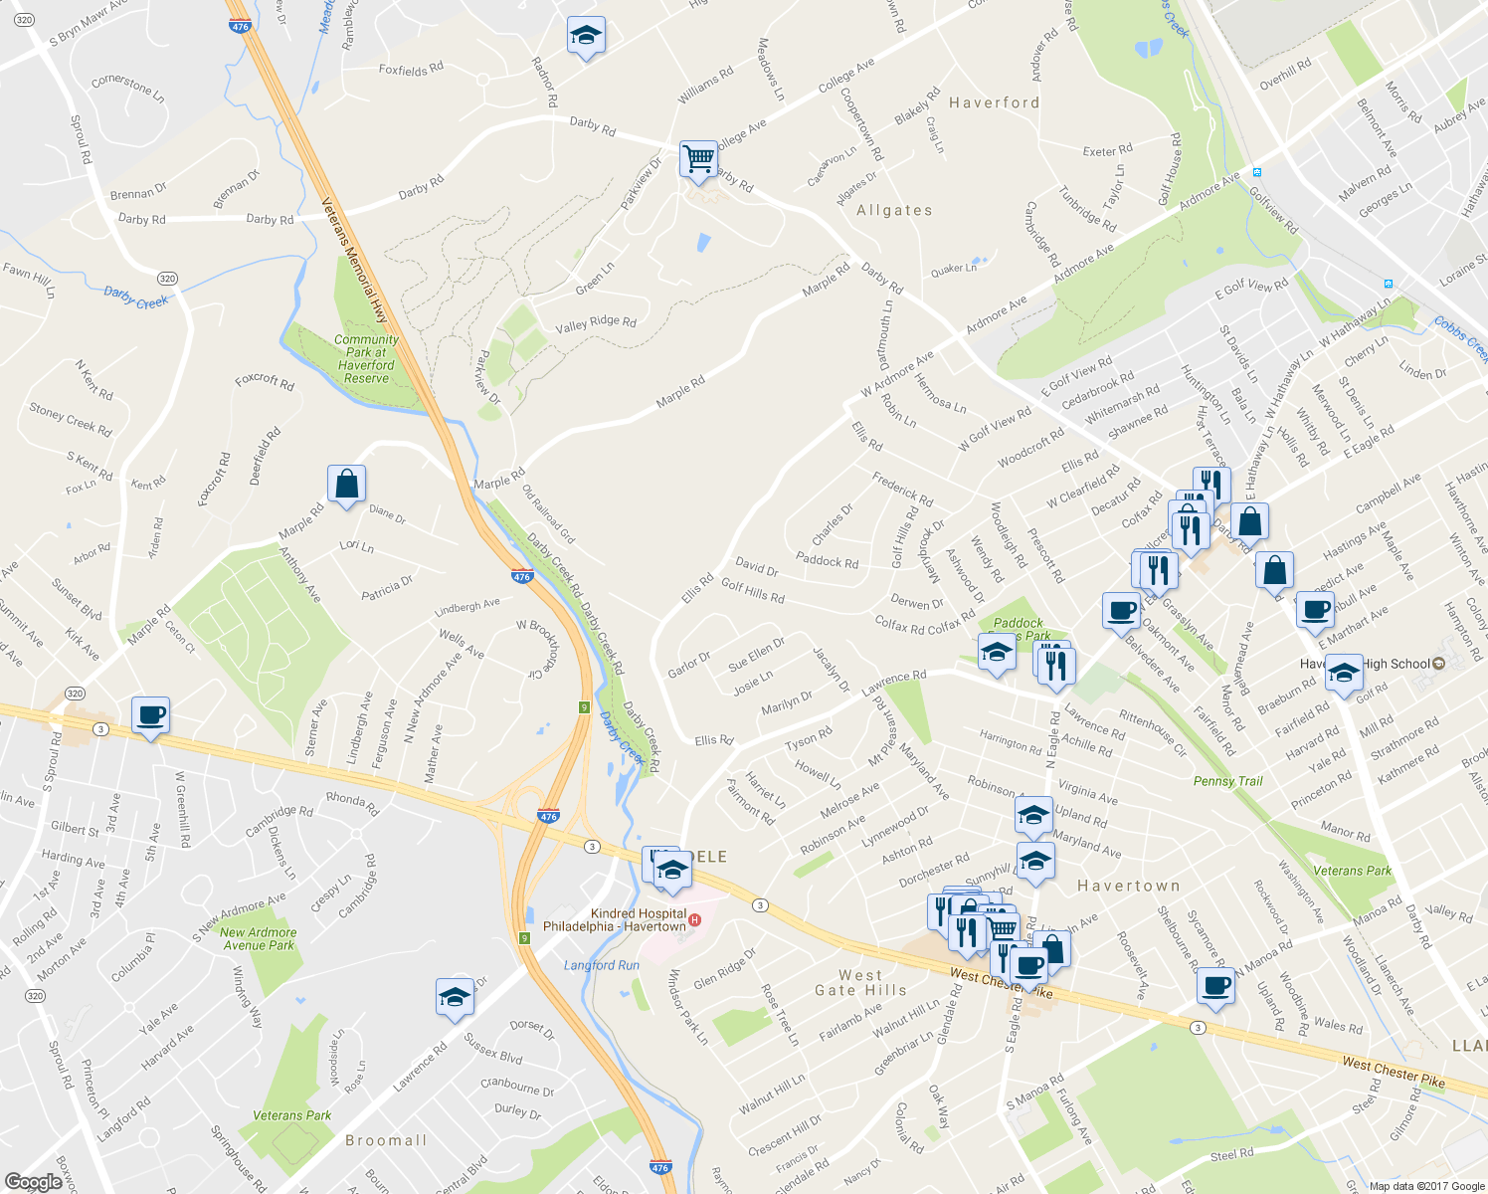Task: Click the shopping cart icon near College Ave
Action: point(699,159)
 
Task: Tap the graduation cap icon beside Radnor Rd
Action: point(586,37)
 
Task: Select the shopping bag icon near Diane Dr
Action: point(346,485)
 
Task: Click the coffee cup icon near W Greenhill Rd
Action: point(150,715)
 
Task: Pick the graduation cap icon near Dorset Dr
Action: point(455,997)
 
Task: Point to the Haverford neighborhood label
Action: point(994,102)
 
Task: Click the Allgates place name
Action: point(894,210)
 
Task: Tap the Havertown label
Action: point(1129,885)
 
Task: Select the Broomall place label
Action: point(386,1140)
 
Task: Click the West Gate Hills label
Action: point(860,982)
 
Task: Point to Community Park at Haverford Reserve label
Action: point(366,358)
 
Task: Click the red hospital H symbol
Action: point(694,920)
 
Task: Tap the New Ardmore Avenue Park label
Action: point(259,938)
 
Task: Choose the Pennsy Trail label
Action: point(1227,781)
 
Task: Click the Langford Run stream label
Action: point(602,965)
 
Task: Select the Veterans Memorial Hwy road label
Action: point(354,261)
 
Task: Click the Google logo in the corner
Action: point(33,1182)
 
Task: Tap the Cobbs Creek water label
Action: point(1460,338)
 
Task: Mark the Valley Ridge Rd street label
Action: point(596,322)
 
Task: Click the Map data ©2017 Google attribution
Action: point(1426,1186)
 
